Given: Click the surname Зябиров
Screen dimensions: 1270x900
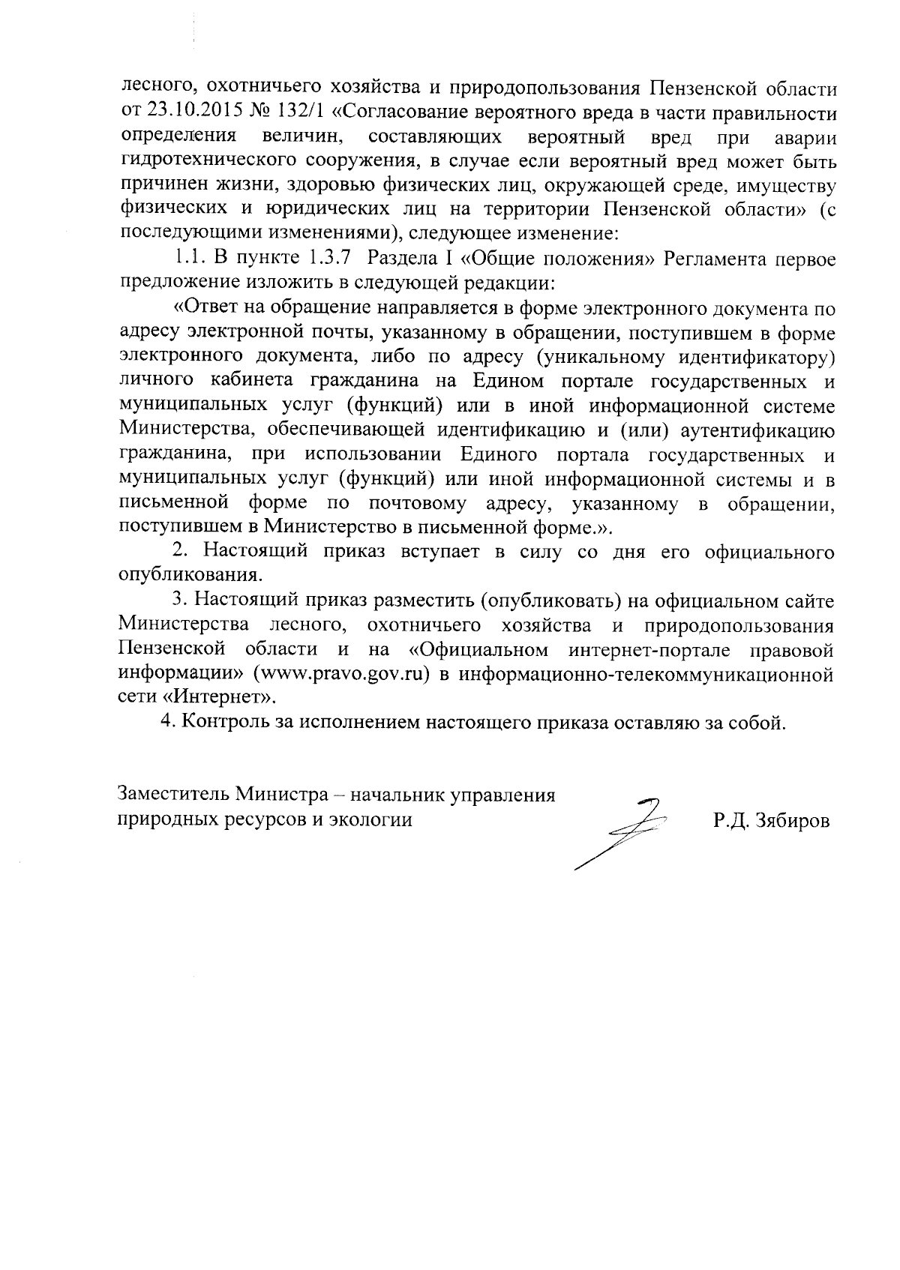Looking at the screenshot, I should pyautogui.click(x=793, y=820).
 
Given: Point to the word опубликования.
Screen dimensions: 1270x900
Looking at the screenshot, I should pyautogui.click(x=191, y=577).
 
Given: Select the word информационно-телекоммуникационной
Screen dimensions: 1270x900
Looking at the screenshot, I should pyautogui.click(x=647, y=673).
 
